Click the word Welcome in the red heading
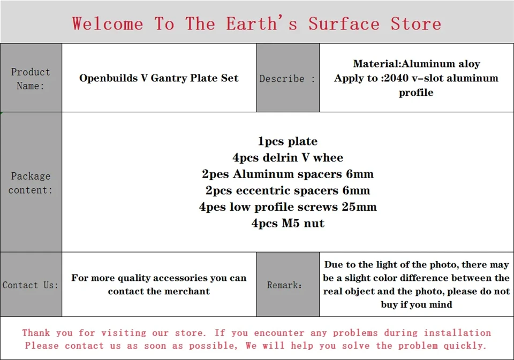pyautogui.click(x=108, y=24)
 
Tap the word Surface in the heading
pyautogui.click(x=344, y=24)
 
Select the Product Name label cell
pyautogui.click(x=31, y=78)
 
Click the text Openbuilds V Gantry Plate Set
pyautogui.click(x=158, y=78)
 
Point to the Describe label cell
pyautogui.click(x=288, y=78)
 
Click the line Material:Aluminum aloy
pyautogui.click(x=417, y=64)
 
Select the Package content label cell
pyautogui.click(x=31, y=182)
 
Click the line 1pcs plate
pyautogui.click(x=288, y=141)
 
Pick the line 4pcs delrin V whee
pyautogui.click(x=288, y=158)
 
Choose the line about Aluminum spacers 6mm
pyautogui.click(x=288, y=174)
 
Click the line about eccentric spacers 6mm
pyautogui.click(x=288, y=190)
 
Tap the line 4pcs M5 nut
pyautogui.click(x=288, y=223)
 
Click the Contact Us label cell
pyautogui.click(x=31, y=285)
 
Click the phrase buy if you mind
pyautogui.click(x=417, y=305)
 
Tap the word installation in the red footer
pyautogui.click(x=457, y=333)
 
